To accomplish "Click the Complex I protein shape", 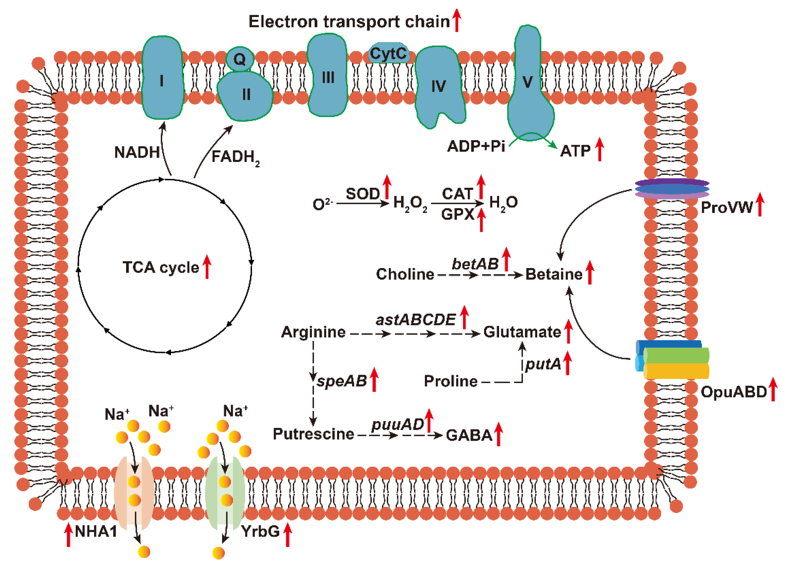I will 162,78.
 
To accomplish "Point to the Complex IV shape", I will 438,87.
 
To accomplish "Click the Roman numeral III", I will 328,77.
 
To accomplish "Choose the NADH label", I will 137,153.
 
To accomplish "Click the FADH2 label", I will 235,157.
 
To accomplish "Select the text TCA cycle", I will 161,267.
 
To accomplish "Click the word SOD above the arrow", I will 363,194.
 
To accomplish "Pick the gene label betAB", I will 475,264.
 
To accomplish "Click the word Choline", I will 405,274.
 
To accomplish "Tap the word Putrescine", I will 313,434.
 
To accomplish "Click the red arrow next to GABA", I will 498,434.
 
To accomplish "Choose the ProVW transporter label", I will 726,208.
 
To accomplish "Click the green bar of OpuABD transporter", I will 676,356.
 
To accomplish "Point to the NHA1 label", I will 96,531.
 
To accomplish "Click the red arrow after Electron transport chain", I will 457,20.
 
